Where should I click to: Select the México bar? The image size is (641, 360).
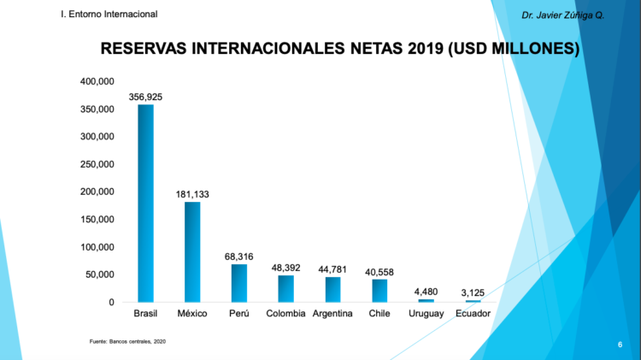point(192,251)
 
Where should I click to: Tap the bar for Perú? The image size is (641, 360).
point(238,283)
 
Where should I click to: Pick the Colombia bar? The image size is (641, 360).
point(285,288)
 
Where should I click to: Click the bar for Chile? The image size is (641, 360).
point(379,291)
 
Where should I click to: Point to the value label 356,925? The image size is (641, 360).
point(145,97)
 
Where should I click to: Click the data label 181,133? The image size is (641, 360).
point(192,194)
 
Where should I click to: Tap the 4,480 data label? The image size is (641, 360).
point(426,292)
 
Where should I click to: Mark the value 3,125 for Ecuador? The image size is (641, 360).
point(473,292)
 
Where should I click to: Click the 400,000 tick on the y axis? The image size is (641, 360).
point(97,81)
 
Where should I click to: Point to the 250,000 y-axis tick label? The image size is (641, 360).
point(97,164)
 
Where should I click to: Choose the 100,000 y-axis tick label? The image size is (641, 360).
point(97,247)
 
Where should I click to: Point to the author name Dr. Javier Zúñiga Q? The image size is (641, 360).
point(562,15)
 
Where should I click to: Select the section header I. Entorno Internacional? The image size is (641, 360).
point(109,15)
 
